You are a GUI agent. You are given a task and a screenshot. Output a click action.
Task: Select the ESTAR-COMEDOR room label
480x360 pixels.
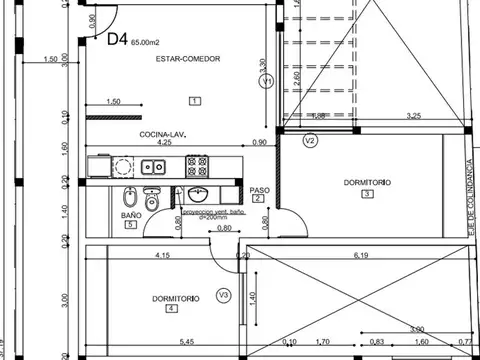pyautogui.click(x=187, y=60)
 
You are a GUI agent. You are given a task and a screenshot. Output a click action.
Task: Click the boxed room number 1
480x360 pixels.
pyautogui.click(x=194, y=99)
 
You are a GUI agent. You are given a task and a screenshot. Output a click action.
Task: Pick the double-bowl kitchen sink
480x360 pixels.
pyautogui.click(x=153, y=166)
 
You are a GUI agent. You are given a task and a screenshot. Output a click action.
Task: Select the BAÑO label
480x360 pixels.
pyautogui.click(x=131, y=215)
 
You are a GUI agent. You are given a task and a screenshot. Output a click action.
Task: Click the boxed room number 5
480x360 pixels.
pyautogui.click(x=131, y=226)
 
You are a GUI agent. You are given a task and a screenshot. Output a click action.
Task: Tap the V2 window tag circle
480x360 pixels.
pyautogui.click(x=310, y=141)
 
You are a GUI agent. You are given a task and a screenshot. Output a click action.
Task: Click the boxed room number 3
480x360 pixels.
pyautogui.click(x=367, y=194)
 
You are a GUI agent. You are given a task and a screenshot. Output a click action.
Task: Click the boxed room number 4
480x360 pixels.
pyautogui.click(x=171, y=309)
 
